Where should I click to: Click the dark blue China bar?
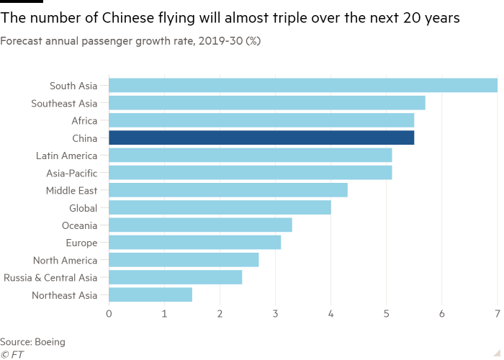(x=261, y=138)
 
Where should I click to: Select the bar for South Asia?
(x=303, y=86)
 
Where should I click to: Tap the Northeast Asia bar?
(x=150, y=294)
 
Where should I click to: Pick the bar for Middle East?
(x=228, y=190)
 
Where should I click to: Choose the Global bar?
(x=220, y=207)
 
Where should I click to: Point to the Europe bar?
(x=195, y=243)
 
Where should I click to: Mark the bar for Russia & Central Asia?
(x=176, y=277)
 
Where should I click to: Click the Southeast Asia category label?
(x=64, y=104)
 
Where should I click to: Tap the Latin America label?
(x=66, y=156)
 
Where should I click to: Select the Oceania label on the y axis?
(x=81, y=225)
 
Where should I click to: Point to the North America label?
(x=65, y=260)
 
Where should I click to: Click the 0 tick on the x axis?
(x=109, y=314)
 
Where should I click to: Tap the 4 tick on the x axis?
(x=330, y=314)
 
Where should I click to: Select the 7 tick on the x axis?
(x=497, y=314)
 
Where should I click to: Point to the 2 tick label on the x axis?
(x=220, y=314)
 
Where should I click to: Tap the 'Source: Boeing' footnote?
(x=32, y=342)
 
